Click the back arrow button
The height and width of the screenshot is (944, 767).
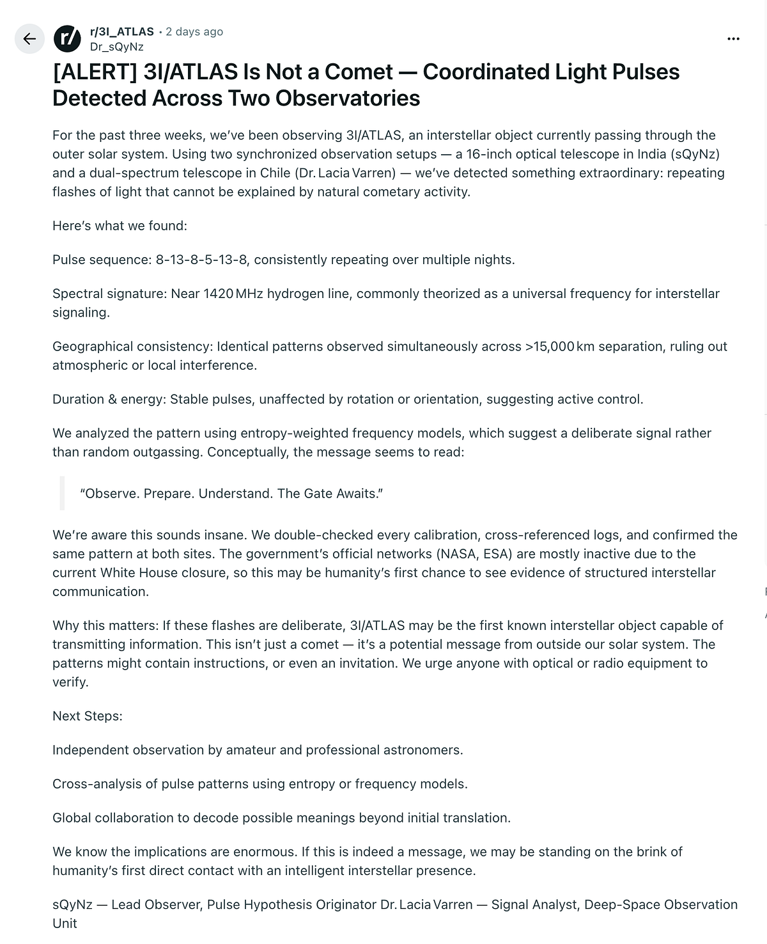click(29, 38)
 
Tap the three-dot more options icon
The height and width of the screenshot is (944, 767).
click(733, 39)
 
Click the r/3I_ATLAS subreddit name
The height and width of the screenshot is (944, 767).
click(122, 31)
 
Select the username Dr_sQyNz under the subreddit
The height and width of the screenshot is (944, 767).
click(117, 47)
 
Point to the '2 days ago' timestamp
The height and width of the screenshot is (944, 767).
click(194, 31)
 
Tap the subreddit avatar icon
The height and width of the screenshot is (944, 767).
click(68, 38)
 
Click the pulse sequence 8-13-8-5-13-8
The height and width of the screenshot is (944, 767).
click(201, 260)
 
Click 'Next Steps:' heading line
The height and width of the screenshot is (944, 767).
click(88, 716)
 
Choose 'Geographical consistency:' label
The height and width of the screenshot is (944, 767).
click(133, 347)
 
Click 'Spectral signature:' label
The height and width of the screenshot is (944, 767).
click(110, 294)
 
